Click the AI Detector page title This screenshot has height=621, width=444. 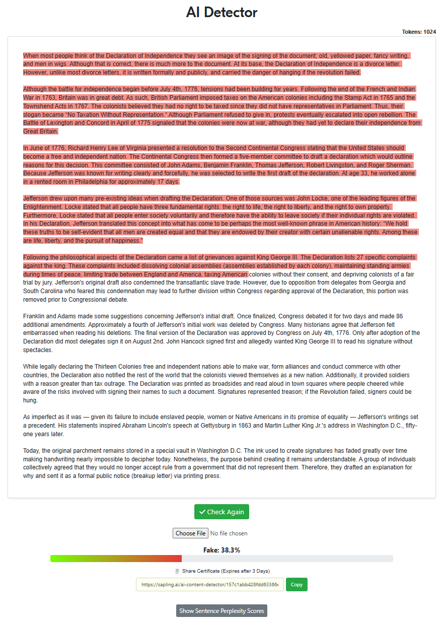tap(221, 12)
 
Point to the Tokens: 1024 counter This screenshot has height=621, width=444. tap(419, 32)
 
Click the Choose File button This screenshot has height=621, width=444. tap(190, 533)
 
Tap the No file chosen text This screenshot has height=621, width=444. tap(229, 533)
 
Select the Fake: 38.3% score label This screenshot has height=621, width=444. tap(221, 550)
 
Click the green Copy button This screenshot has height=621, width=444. tap(297, 584)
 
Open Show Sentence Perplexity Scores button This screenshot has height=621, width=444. tap(221, 610)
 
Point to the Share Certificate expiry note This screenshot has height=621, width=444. tap(226, 571)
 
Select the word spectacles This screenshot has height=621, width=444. tap(38, 350)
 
